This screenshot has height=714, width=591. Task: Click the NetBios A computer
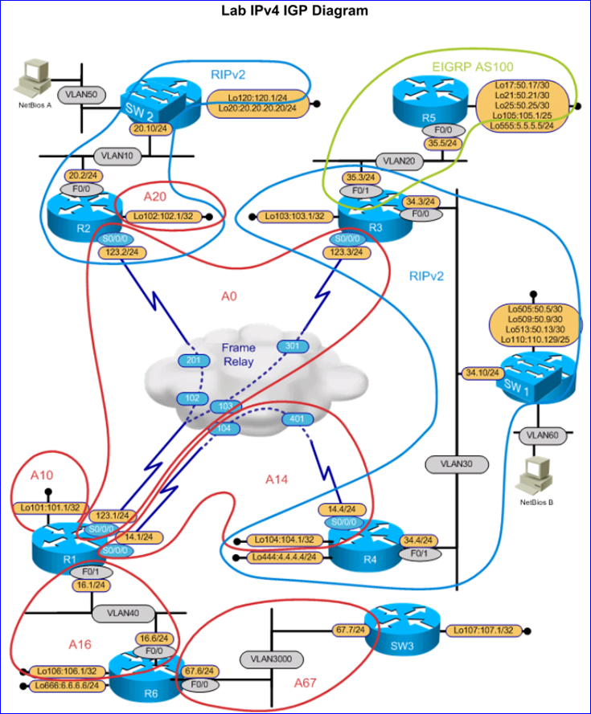tap(31, 75)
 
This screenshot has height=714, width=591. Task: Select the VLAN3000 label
tap(269, 659)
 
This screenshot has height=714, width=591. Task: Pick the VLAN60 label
tap(540, 435)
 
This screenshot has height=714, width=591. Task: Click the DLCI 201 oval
tap(191, 359)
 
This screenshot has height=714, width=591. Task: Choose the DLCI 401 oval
tap(296, 418)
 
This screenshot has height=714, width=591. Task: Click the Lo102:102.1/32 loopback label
tap(164, 215)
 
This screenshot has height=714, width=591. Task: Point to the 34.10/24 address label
tap(482, 373)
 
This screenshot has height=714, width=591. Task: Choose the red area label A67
tap(306, 683)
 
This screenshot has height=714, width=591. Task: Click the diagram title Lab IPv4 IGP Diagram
tap(295, 10)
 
